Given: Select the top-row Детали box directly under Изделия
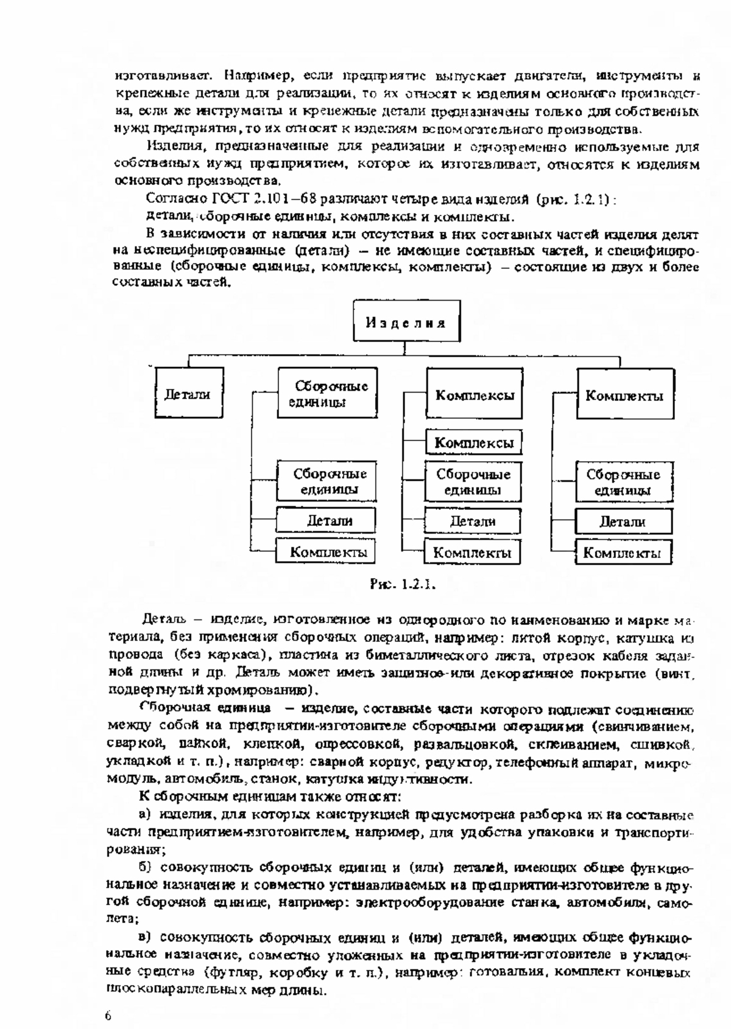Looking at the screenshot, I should click(x=188, y=394).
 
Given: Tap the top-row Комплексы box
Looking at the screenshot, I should click(x=475, y=395).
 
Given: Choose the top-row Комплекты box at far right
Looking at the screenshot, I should click(x=625, y=395).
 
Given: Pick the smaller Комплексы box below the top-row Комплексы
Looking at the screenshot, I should click(x=474, y=442).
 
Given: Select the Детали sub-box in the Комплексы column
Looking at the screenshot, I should click(x=473, y=521).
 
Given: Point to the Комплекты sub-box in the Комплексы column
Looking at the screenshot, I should click(x=472, y=553).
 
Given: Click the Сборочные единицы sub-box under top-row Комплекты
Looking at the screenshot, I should click(x=624, y=482).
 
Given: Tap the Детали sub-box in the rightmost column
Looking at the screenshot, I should click(x=623, y=521).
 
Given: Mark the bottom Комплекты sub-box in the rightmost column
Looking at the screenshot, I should click(x=623, y=553).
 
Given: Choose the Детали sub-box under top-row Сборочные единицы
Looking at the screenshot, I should click(x=328, y=521).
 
